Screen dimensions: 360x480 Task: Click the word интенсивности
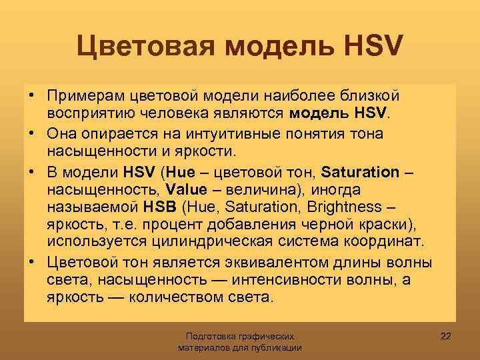[x=297, y=278]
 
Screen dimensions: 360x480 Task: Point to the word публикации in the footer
[x=279, y=348]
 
